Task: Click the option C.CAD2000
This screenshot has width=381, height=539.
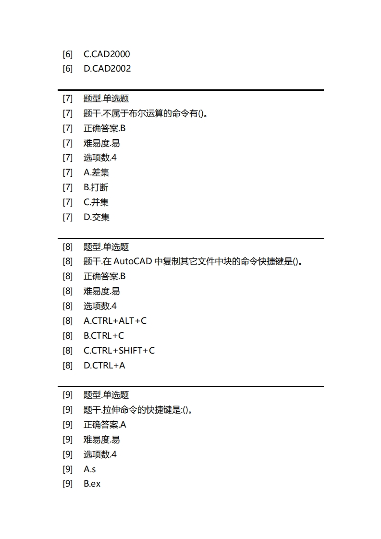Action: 107,54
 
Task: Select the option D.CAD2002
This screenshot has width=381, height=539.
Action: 107,69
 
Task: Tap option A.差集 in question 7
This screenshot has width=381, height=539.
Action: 96,172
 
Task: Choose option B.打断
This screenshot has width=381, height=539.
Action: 96,187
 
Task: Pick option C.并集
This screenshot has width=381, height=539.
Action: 96,202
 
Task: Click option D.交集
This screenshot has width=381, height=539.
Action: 97,217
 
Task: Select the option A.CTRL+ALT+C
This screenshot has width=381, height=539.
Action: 115,321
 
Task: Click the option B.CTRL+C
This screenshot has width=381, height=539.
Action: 104,336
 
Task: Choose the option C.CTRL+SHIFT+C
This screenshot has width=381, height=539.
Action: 119,351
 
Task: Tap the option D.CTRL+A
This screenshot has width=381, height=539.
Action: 104,366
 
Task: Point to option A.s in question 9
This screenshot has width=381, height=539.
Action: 90,469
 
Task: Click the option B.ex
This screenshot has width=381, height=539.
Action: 92,484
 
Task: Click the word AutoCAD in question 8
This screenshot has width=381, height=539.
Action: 133,262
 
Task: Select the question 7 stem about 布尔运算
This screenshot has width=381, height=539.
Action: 148,113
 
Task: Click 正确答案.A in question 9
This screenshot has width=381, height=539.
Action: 105,425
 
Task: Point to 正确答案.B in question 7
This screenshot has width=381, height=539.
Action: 105,128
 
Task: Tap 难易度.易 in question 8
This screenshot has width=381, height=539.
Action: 102,291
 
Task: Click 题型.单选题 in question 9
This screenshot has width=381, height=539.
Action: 106,395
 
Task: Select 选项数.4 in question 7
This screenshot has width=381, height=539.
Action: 100,158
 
